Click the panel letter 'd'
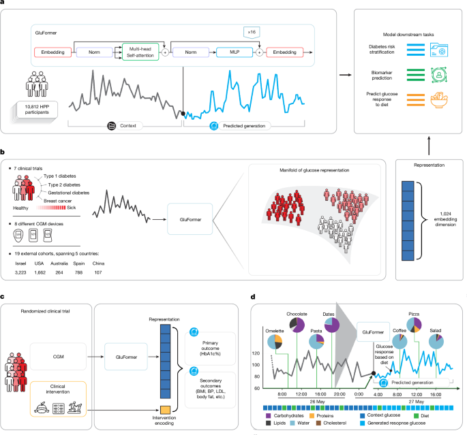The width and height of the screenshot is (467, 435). [x=254, y=297]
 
